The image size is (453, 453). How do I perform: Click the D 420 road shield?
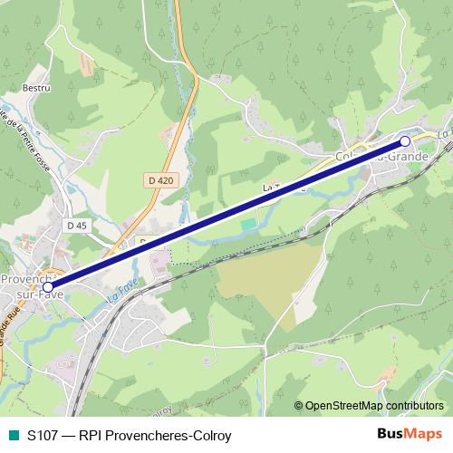[x=159, y=180]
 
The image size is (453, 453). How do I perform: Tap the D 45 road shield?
[x=76, y=225]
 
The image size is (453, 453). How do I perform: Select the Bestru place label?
[x=35, y=88]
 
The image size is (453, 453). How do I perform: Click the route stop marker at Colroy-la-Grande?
[x=405, y=141]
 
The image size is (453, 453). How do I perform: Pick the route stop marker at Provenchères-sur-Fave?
[x=48, y=287]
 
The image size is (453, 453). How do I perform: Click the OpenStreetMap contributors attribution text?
[x=374, y=406]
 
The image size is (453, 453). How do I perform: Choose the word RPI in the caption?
[x=91, y=436]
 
